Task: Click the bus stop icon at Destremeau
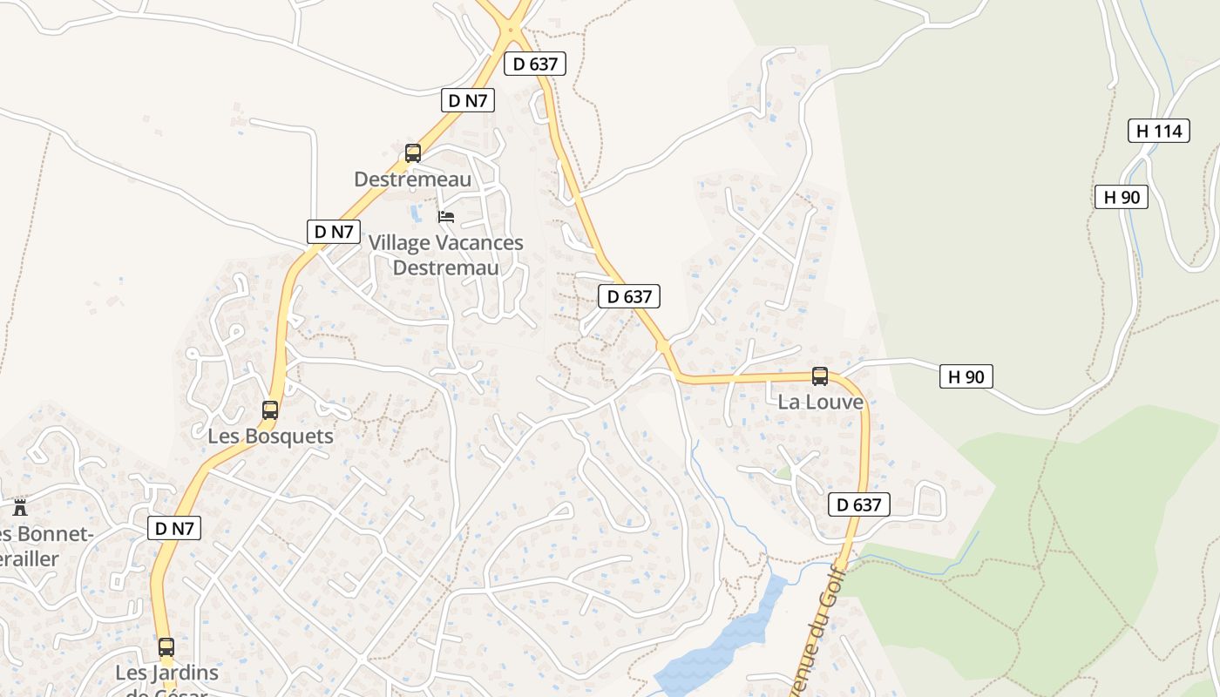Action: (413, 153)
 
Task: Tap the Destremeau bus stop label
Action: (412, 179)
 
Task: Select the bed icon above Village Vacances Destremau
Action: (446, 216)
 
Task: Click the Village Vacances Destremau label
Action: (445, 254)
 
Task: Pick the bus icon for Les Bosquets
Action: (270, 409)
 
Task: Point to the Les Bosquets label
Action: (270, 436)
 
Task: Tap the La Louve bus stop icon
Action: (820, 376)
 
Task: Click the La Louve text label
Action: (820, 402)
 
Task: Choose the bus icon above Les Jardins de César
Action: (166, 647)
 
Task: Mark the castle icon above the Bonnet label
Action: (20, 507)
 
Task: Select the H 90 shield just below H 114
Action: (1121, 197)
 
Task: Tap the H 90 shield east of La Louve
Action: (966, 376)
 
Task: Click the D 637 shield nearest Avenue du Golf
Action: (858, 504)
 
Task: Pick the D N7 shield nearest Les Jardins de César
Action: (174, 528)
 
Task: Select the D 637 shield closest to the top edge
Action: (535, 63)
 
